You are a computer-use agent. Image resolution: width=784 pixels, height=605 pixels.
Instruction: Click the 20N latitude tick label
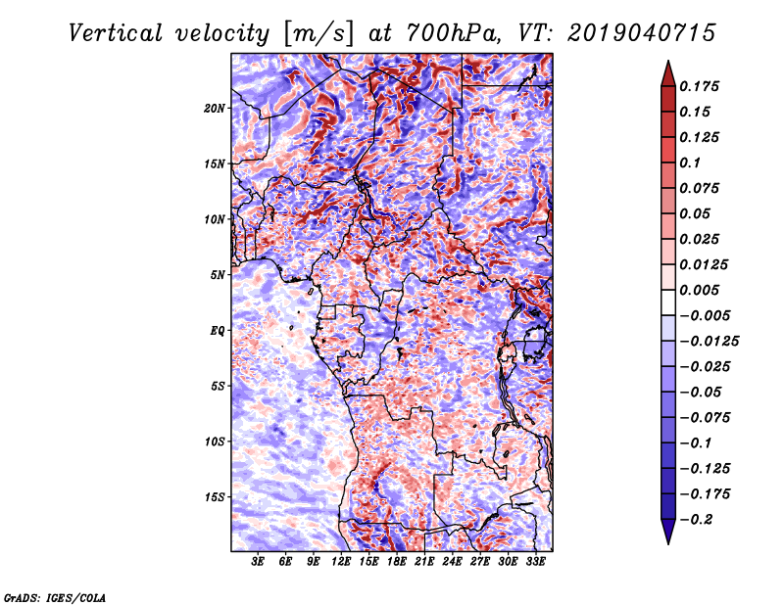pos(216,108)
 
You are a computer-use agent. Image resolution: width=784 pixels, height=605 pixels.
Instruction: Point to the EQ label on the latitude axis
pos(218,330)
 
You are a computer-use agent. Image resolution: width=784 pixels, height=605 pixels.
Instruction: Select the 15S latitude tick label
pos(216,496)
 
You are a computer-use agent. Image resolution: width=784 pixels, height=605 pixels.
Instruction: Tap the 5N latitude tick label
pos(218,274)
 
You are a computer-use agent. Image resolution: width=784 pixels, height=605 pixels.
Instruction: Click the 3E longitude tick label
pos(259,563)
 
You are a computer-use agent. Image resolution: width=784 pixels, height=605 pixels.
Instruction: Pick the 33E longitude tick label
pos(535,563)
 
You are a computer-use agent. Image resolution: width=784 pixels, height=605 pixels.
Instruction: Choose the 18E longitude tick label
pos(397,563)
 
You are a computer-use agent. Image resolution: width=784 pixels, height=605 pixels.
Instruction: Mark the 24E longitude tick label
pos(452,563)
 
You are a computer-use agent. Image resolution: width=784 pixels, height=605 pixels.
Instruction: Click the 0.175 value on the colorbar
pos(702,86)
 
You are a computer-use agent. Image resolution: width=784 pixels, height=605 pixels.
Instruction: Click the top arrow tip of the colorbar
pos(667,64)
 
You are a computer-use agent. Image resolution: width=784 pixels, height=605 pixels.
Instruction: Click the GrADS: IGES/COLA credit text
pos(54,595)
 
